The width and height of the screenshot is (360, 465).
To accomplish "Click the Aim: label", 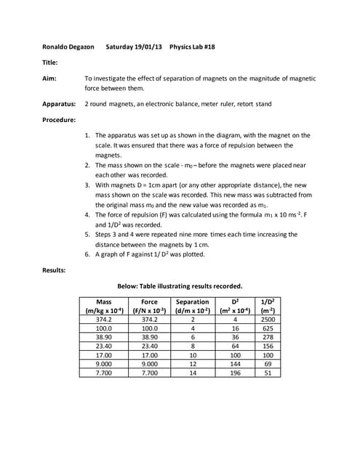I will tap(50, 76).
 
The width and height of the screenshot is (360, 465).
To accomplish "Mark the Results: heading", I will tap(55, 270).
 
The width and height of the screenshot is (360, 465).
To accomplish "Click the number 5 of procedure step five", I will tap(87, 235).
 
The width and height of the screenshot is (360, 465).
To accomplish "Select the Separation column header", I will tap(193, 302).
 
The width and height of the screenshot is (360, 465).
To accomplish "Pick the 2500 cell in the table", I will tap(267, 319).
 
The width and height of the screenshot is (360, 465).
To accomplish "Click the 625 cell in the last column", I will tap(267, 329).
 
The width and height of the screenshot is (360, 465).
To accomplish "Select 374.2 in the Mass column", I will tap(103, 319).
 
